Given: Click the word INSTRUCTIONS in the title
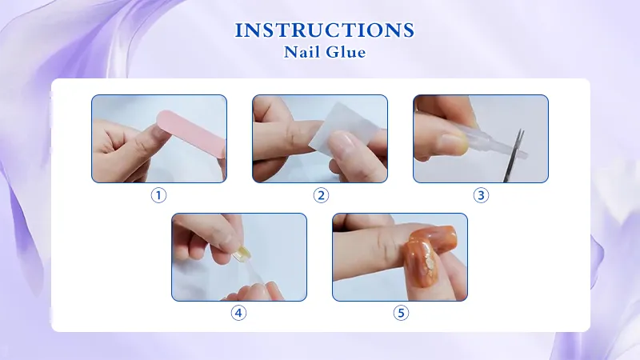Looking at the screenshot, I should pyautogui.click(x=325, y=31).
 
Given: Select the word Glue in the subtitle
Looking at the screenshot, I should pyautogui.click(x=348, y=53).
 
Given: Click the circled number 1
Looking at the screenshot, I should pyautogui.click(x=158, y=194).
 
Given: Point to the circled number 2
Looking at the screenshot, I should pyautogui.click(x=321, y=194).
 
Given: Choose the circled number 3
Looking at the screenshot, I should pyautogui.click(x=481, y=194).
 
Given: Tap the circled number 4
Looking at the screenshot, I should pyautogui.click(x=238, y=313).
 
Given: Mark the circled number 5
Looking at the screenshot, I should pyautogui.click(x=401, y=313).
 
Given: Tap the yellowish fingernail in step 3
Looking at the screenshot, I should pyautogui.click(x=453, y=142).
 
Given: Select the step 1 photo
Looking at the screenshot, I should pyautogui.click(x=158, y=138).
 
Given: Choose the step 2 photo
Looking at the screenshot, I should pyautogui.click(x=320, y=138).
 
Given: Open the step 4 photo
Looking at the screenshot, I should pyautogui.click(x=239, y=257).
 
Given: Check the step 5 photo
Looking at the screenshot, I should pyautogui.click(x=400, y=257).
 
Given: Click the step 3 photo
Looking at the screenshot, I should pyautogui.click(x=481, y=138).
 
